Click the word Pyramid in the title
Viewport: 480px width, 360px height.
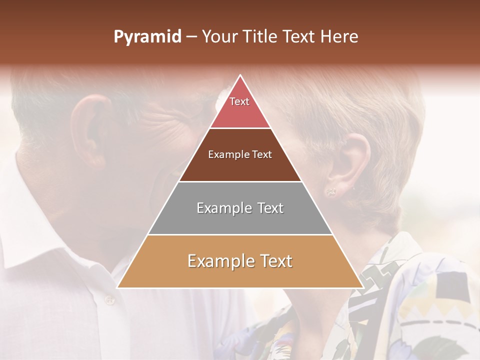(147, 37)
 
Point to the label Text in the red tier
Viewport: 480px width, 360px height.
(239, 101)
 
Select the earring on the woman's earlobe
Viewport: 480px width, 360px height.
(331, 191)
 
